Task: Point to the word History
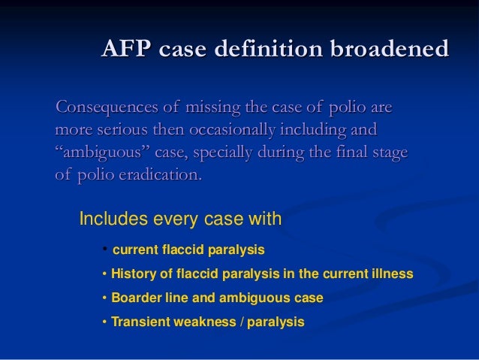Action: (134, 273)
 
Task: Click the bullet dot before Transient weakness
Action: (104, 322)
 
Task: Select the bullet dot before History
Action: (104, 273)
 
